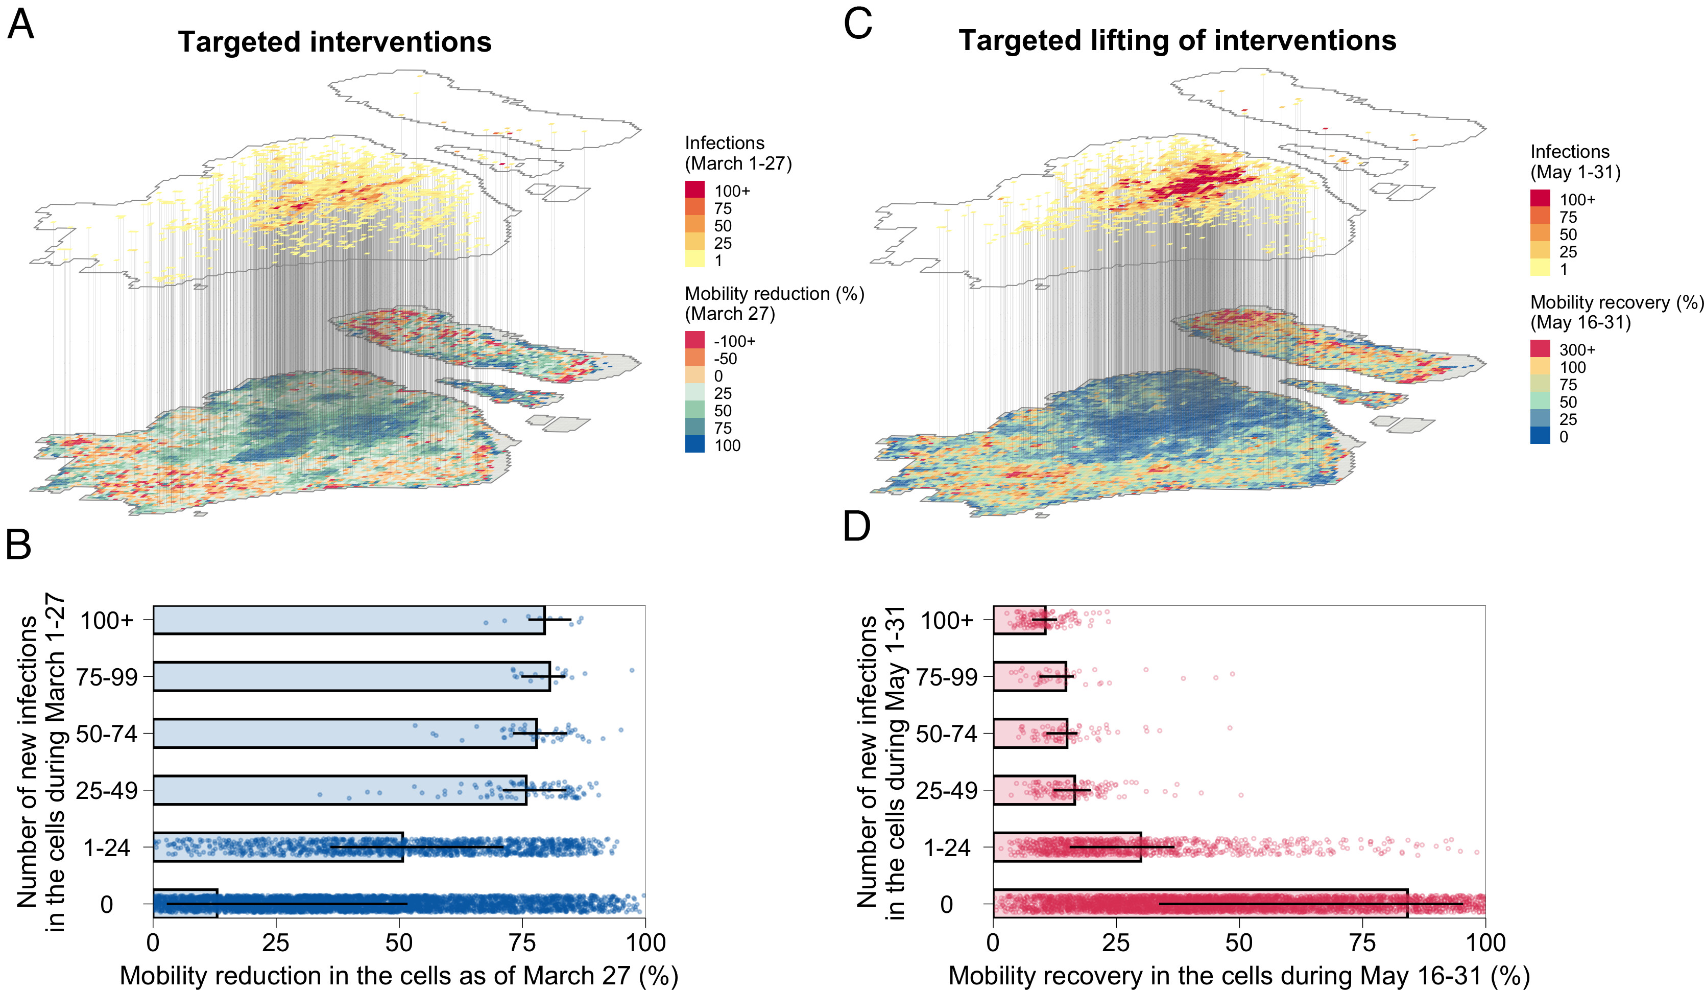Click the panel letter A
20,25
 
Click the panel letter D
857,526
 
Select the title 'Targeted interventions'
334,42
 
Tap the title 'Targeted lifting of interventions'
1177,40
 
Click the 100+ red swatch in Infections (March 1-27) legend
694,190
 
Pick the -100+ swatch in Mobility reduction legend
694,340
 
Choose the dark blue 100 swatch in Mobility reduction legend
694,444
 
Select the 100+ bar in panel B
348,620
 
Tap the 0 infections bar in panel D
1199,904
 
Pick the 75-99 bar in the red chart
1029,676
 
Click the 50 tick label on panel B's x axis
399,942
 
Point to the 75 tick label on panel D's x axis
1362,942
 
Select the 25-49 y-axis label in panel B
107,790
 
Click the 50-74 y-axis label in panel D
947,733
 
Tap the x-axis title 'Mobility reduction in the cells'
399,976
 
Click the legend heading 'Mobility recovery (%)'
1616,302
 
